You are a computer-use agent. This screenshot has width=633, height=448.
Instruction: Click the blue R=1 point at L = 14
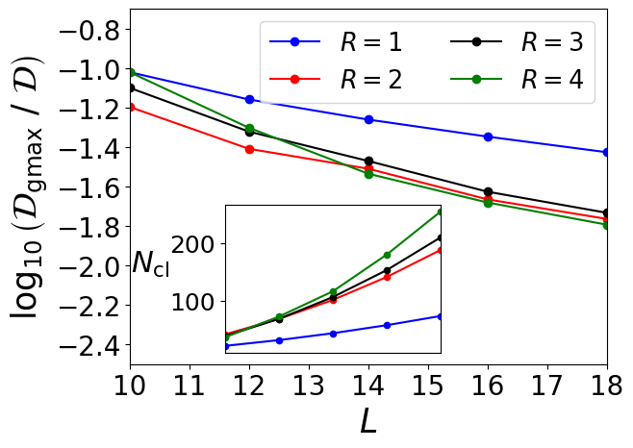[x=368, y=120]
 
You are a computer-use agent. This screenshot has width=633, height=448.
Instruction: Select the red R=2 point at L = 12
[x=249, y=149]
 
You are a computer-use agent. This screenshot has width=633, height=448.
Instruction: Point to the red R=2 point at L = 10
[x=130, y=107]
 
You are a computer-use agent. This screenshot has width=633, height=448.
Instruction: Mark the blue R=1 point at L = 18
[x=607, y=152]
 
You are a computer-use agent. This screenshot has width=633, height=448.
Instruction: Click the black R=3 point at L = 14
[x=368, y=162]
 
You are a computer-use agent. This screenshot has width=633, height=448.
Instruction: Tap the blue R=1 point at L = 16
[x=488, y=137]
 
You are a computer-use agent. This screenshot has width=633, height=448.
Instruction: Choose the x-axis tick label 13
[x=309, y=387]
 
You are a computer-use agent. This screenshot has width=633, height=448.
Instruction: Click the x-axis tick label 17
[x=547, y=387]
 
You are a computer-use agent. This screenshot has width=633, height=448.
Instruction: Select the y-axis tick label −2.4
[x=82, y=344]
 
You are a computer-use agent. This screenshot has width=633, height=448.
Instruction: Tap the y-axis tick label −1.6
[x=82, y=187]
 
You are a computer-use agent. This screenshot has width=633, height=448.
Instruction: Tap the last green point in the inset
[x=441, y=212]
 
